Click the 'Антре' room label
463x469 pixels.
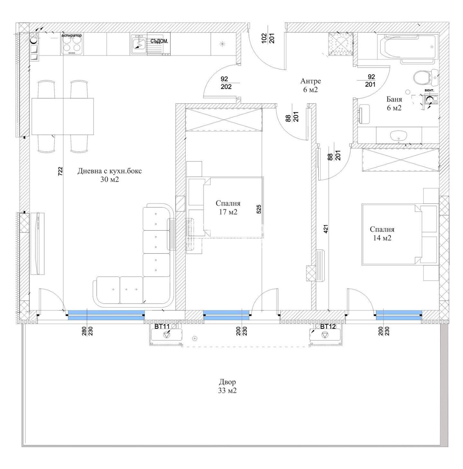pos(311,81)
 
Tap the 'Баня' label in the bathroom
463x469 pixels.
pos(394,99)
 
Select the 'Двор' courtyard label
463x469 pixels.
pos(227,382)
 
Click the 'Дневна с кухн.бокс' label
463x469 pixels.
pos(110,171)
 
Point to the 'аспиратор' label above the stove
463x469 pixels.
pos(71,35)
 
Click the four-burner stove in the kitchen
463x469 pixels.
pos(71,46)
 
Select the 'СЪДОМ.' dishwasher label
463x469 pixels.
pos(159,41)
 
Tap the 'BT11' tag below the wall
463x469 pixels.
pos(162,326)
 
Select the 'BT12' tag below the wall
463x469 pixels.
pos(328,326)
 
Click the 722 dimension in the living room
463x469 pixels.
pos(60,171)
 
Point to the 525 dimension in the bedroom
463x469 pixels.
pos(259,209)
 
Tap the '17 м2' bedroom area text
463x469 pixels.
pos(228,212)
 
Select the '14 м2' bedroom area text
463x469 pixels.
pos(382,238)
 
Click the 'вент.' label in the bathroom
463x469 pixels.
pos(429,90)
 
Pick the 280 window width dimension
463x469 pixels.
pos(84,331)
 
